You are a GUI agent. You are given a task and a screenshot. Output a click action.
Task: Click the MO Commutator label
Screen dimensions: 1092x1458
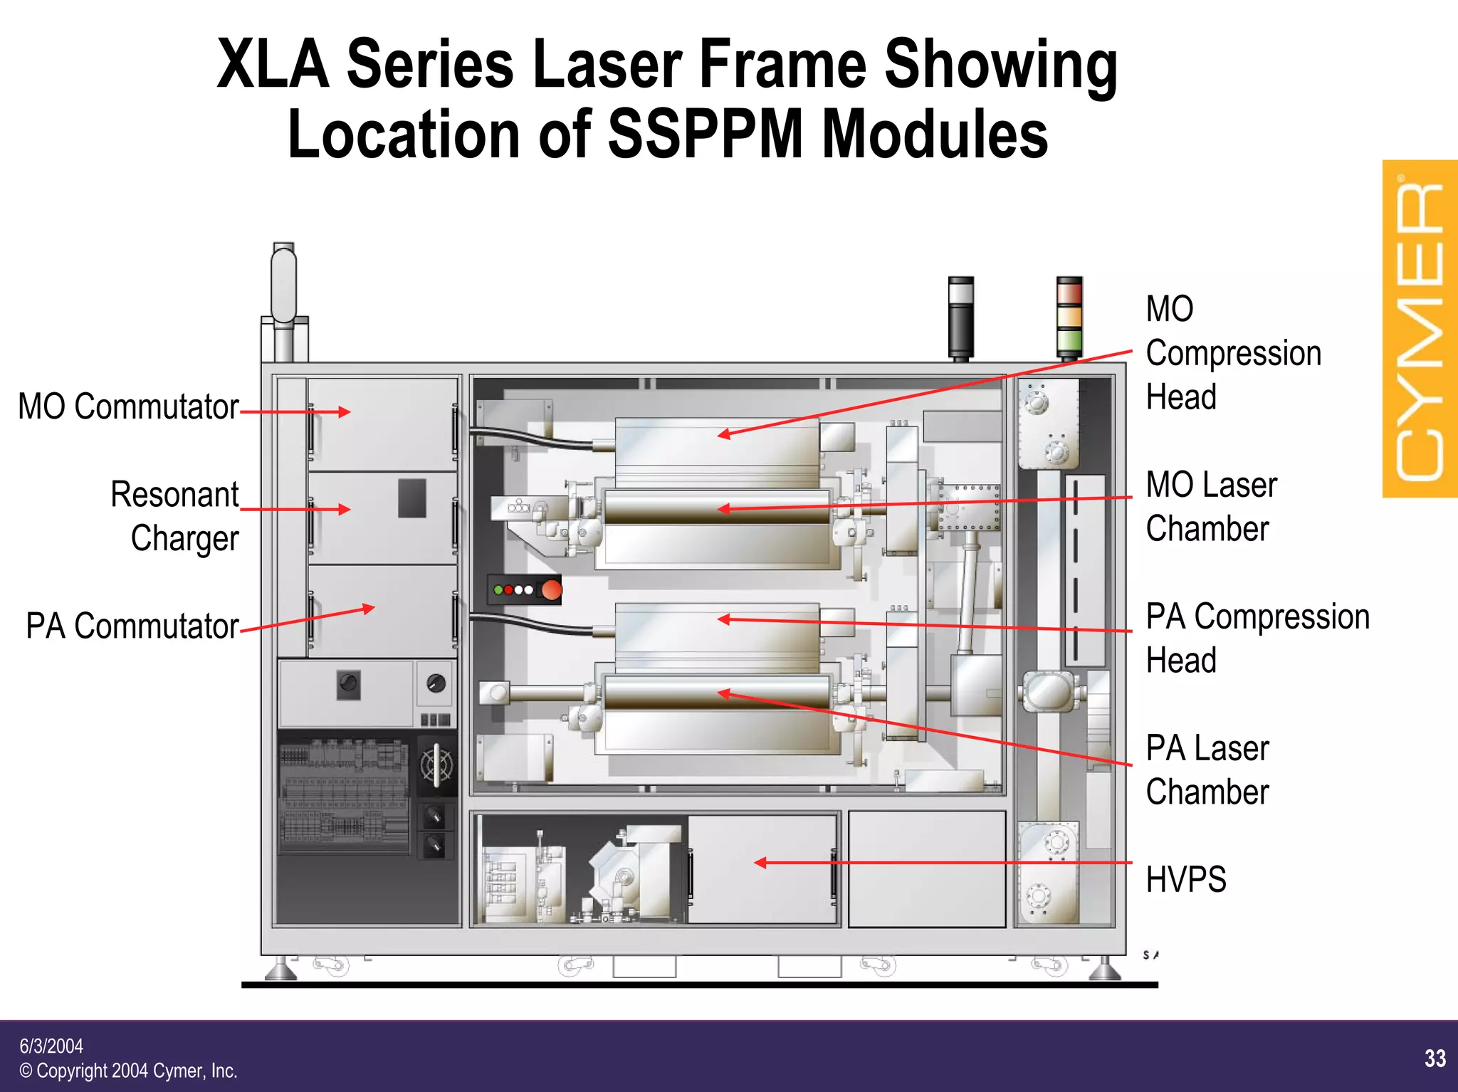point(128,407)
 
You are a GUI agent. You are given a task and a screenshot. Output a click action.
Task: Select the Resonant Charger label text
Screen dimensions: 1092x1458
point(175,516)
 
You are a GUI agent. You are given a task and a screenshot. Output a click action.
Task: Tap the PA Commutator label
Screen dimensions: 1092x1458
point(132,626)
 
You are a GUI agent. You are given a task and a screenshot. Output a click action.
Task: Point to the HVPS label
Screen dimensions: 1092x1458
point(1186,879)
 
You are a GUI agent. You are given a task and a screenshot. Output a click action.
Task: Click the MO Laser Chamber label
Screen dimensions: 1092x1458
point(1211,507)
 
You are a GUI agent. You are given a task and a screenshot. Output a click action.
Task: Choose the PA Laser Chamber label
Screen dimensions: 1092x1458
point(1207,770)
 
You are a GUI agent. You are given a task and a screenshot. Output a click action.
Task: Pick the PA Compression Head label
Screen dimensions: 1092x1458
point(1257,639)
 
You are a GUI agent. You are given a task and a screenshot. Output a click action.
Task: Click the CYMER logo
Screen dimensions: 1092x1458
point(1420,329)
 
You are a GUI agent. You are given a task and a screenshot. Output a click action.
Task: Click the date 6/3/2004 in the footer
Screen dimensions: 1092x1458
point(51,1046)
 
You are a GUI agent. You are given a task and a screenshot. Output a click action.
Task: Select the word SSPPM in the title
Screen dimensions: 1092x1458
point(705,134)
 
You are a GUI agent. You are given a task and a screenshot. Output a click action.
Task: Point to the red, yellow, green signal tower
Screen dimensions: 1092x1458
point(1069,317)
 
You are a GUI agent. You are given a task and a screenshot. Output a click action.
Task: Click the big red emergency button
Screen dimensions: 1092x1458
point(551,590)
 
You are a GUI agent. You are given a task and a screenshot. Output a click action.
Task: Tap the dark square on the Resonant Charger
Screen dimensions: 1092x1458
point(411,498)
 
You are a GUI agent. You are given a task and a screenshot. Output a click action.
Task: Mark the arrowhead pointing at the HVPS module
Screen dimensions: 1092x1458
point(760,863)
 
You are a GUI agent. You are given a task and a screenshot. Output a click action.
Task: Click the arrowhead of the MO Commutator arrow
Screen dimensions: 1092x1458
point(345,411)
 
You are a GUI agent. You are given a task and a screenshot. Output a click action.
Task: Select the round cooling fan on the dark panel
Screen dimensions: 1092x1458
point(436,766)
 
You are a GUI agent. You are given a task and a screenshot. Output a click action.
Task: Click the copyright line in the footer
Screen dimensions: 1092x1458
point(128,1071)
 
